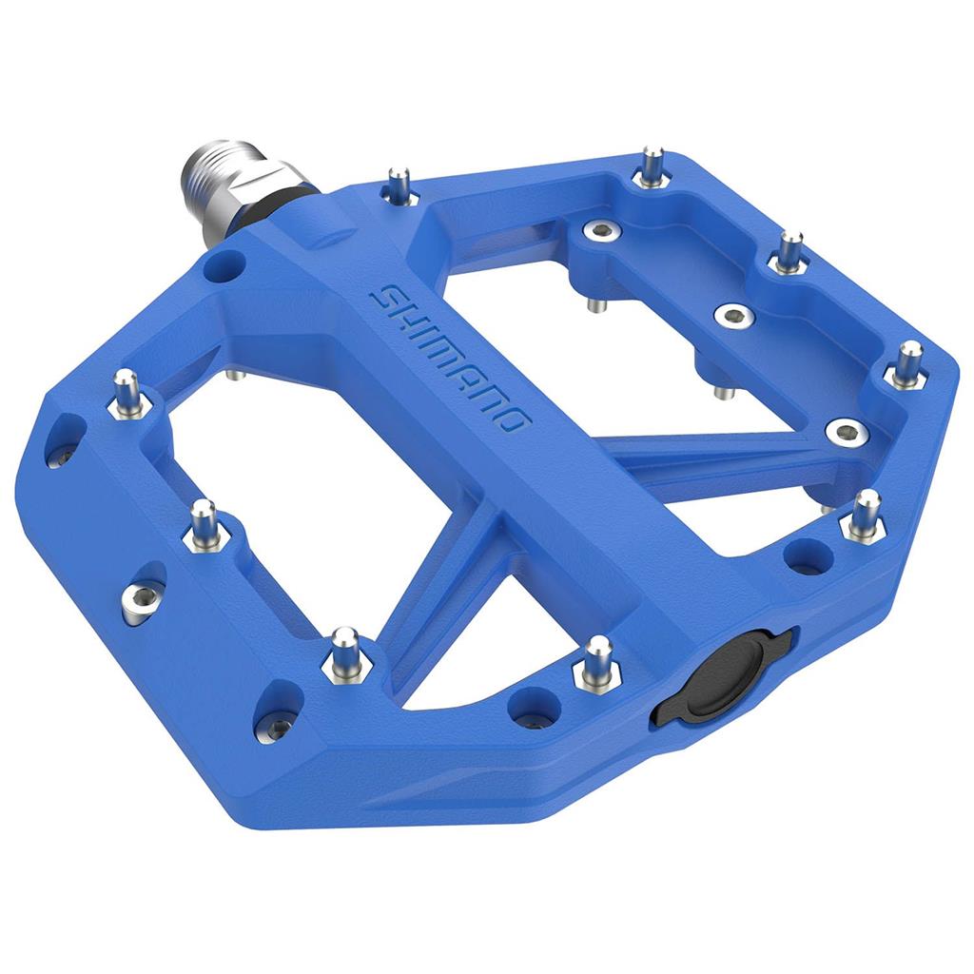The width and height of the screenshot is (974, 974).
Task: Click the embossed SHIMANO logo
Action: coord(453,361)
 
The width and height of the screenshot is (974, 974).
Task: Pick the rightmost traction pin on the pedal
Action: coord(908,361)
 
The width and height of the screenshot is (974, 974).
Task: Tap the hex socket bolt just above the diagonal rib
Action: coord(843,430)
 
